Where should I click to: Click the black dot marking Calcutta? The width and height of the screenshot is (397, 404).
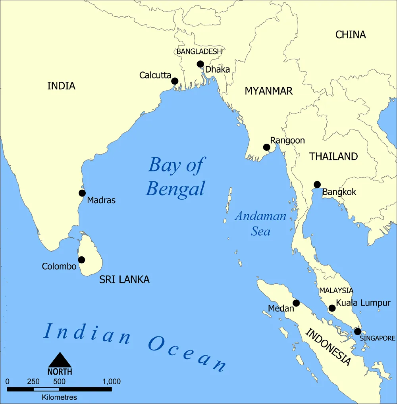[x=175, y=81]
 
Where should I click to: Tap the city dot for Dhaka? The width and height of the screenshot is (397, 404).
[x=200, y=64]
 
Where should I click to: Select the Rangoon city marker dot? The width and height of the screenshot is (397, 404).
[x=266, y=148]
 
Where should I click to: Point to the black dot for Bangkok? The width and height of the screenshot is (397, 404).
[x=317, y=184]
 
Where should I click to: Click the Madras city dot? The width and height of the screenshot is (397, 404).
[x=82, y=193]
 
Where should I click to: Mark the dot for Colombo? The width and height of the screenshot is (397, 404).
[x=81, y=260]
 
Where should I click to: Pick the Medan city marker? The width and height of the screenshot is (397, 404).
[x=296, y=303]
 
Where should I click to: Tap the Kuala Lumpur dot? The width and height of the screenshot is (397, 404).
[x=332, y=308]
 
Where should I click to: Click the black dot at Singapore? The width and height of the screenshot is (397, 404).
[x=357, y=331]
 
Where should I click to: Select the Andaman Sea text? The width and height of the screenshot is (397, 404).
[x=260, y=223]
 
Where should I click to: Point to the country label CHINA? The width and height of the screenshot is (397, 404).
[x=351, y=35]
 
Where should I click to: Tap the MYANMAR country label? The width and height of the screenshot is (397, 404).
[x=268, y=91]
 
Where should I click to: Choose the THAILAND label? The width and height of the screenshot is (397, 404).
[x=333, y=156]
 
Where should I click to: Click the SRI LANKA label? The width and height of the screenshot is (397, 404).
[x=124, y=280]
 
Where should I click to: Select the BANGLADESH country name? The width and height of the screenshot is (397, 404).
[x=199, y=52]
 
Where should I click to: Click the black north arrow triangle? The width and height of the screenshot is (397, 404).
[x=60, y=360]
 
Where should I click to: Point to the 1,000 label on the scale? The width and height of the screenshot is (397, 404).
[x=111, y=382]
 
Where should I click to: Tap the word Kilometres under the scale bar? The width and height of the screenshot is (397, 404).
[x=60, y=397]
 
